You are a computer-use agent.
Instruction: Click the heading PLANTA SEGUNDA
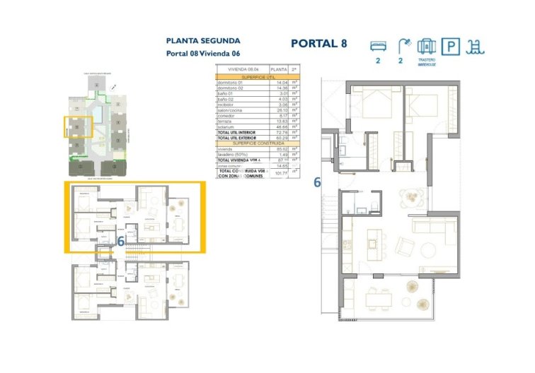tap(203, 41)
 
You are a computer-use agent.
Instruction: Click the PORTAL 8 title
tap(318, 44)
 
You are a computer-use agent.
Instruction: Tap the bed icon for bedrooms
tap(379, 46)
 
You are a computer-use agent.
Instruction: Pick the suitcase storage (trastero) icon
tap(426, 47)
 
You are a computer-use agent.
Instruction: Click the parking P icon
tap(449, 47)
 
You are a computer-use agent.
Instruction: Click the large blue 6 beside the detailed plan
tap(317, 182)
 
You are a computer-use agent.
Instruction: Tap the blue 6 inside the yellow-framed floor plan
tap(121, 240)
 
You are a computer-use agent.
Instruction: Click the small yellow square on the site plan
tap(79, 126)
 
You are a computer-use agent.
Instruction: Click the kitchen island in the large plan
tap(374, 243)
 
